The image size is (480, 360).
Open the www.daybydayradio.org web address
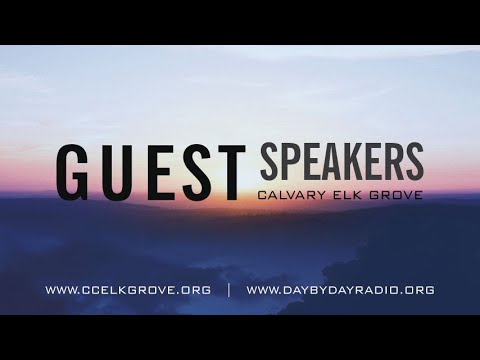pyautogui.click(x=340, y=291)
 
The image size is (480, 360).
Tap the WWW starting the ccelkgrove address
pyautogui.click(x=61, y=291)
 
